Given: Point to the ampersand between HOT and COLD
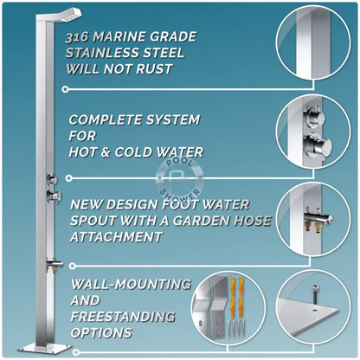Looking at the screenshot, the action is [x=106, y=152].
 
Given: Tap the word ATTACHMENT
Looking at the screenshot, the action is [x=116, y=237].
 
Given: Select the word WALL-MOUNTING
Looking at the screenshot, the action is [x=131, y=284].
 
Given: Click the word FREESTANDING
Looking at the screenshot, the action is [x=123, y=317].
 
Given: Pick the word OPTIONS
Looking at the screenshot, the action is [x=101, y=332].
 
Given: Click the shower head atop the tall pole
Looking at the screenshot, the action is [x=70, y=14].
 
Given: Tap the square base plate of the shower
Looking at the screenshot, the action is [x=45, y=348].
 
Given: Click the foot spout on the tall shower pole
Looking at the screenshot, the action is [x=55, y=264].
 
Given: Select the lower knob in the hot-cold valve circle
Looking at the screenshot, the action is [x=318, y=145].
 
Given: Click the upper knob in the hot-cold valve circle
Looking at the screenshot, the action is [x=315, y=115].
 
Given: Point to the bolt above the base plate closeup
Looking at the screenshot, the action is [x=316, y=294].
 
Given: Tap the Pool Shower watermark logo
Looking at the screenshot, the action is [x=179, y=179].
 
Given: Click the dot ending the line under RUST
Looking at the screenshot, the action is [x=65, y=89].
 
